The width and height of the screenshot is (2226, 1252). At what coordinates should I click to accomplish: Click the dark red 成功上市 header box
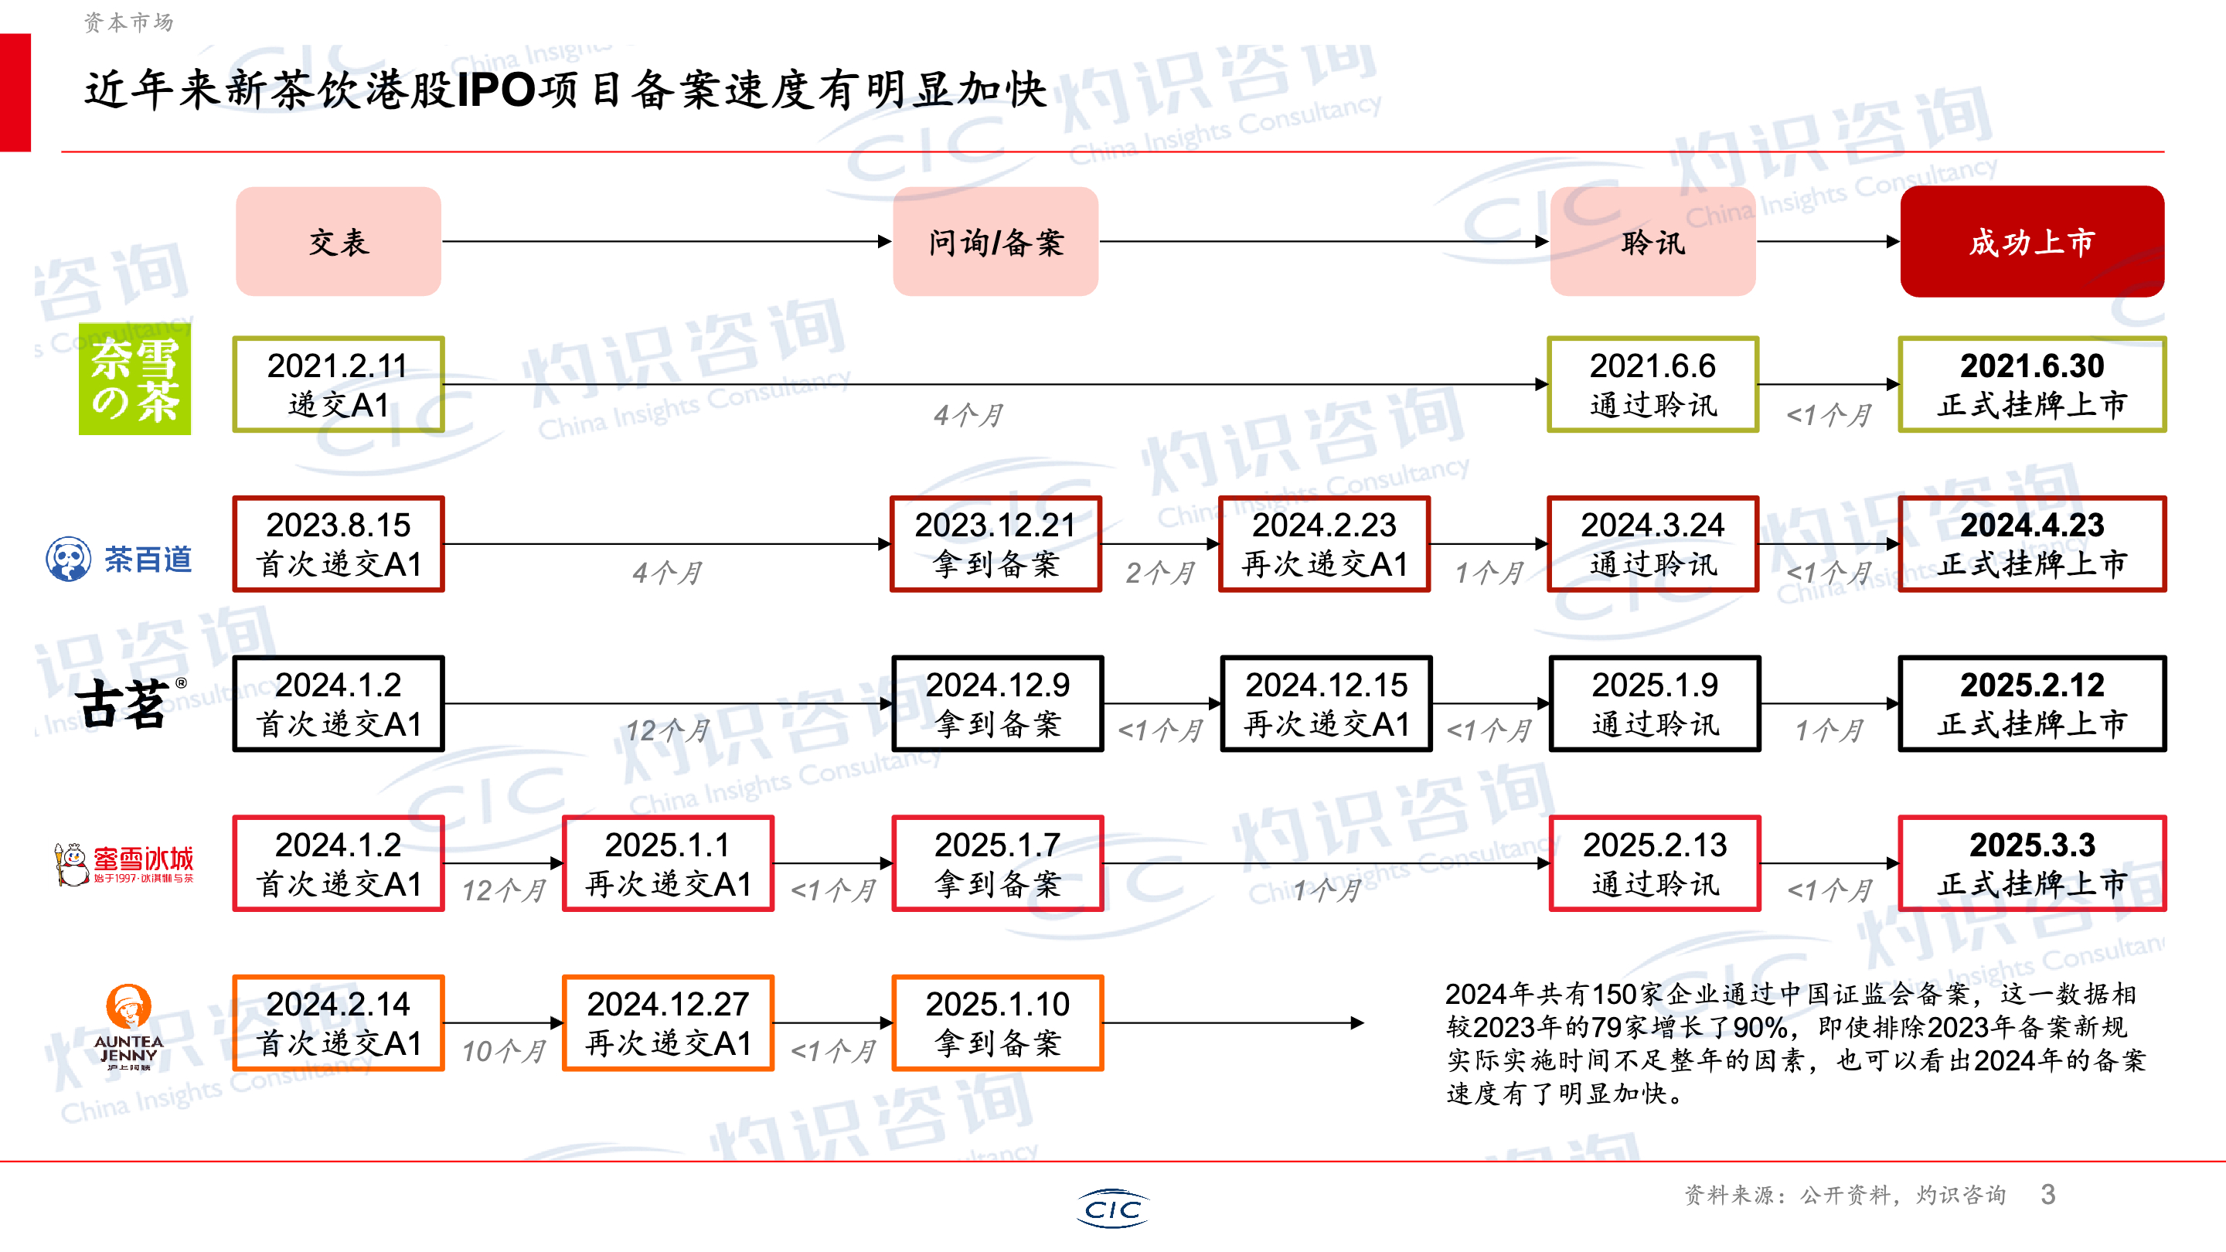point(2030,242)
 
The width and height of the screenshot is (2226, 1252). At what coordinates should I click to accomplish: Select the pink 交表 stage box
point(338,242)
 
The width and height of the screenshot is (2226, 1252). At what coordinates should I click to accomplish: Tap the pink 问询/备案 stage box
point(996,242)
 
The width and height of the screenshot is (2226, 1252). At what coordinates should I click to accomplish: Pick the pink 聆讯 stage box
point(1652,242)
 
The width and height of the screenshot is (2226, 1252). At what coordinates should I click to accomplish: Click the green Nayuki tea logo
point(134,379)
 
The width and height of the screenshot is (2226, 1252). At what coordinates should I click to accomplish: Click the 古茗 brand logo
point(125,703)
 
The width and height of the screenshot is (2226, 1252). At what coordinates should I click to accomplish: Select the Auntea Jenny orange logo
point(128,1026)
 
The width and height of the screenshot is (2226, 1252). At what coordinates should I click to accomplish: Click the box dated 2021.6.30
point(2031,385)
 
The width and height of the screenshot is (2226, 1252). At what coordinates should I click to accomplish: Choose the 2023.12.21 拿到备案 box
point(996,544)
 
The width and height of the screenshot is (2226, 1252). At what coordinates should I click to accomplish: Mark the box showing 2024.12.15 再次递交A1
point(1326,704)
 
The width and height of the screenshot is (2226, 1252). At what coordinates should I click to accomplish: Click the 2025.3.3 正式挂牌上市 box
point(2031,864)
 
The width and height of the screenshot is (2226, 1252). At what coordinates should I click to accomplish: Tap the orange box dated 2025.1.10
point(997,1023)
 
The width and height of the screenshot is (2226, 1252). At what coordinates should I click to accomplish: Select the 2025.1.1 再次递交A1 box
point(668,864)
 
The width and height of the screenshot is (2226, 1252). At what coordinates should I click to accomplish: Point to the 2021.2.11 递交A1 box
point(338,385)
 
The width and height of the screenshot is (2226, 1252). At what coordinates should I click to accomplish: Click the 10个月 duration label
point(504,1051)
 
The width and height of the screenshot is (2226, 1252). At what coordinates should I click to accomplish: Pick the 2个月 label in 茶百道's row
point(1159,572)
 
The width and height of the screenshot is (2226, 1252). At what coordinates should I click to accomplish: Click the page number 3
point(2047,1195)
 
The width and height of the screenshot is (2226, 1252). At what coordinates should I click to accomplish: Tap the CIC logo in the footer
point(1113,1209)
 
